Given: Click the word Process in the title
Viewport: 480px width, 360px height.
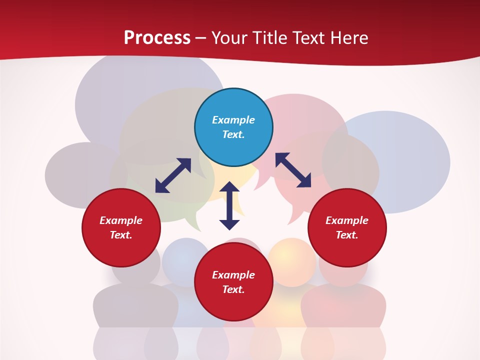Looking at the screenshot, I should (x=157, y=37).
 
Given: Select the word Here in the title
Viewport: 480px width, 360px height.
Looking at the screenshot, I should (x=348, y=37).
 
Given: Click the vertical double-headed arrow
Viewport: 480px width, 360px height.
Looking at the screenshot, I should (x=229, y=206).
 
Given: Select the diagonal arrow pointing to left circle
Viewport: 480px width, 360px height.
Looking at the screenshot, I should (x=173, y=175).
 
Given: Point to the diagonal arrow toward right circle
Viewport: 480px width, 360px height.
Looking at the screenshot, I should (x=293, y=170).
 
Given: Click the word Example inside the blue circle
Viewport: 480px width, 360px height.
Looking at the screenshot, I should (x=233, y=120).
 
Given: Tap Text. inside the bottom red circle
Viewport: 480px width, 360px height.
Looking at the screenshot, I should (x=233, y=289).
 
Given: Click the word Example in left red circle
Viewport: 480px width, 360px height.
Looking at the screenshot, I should (x=121, y=220).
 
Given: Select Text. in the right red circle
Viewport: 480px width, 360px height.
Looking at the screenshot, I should (x=347, y=235).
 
